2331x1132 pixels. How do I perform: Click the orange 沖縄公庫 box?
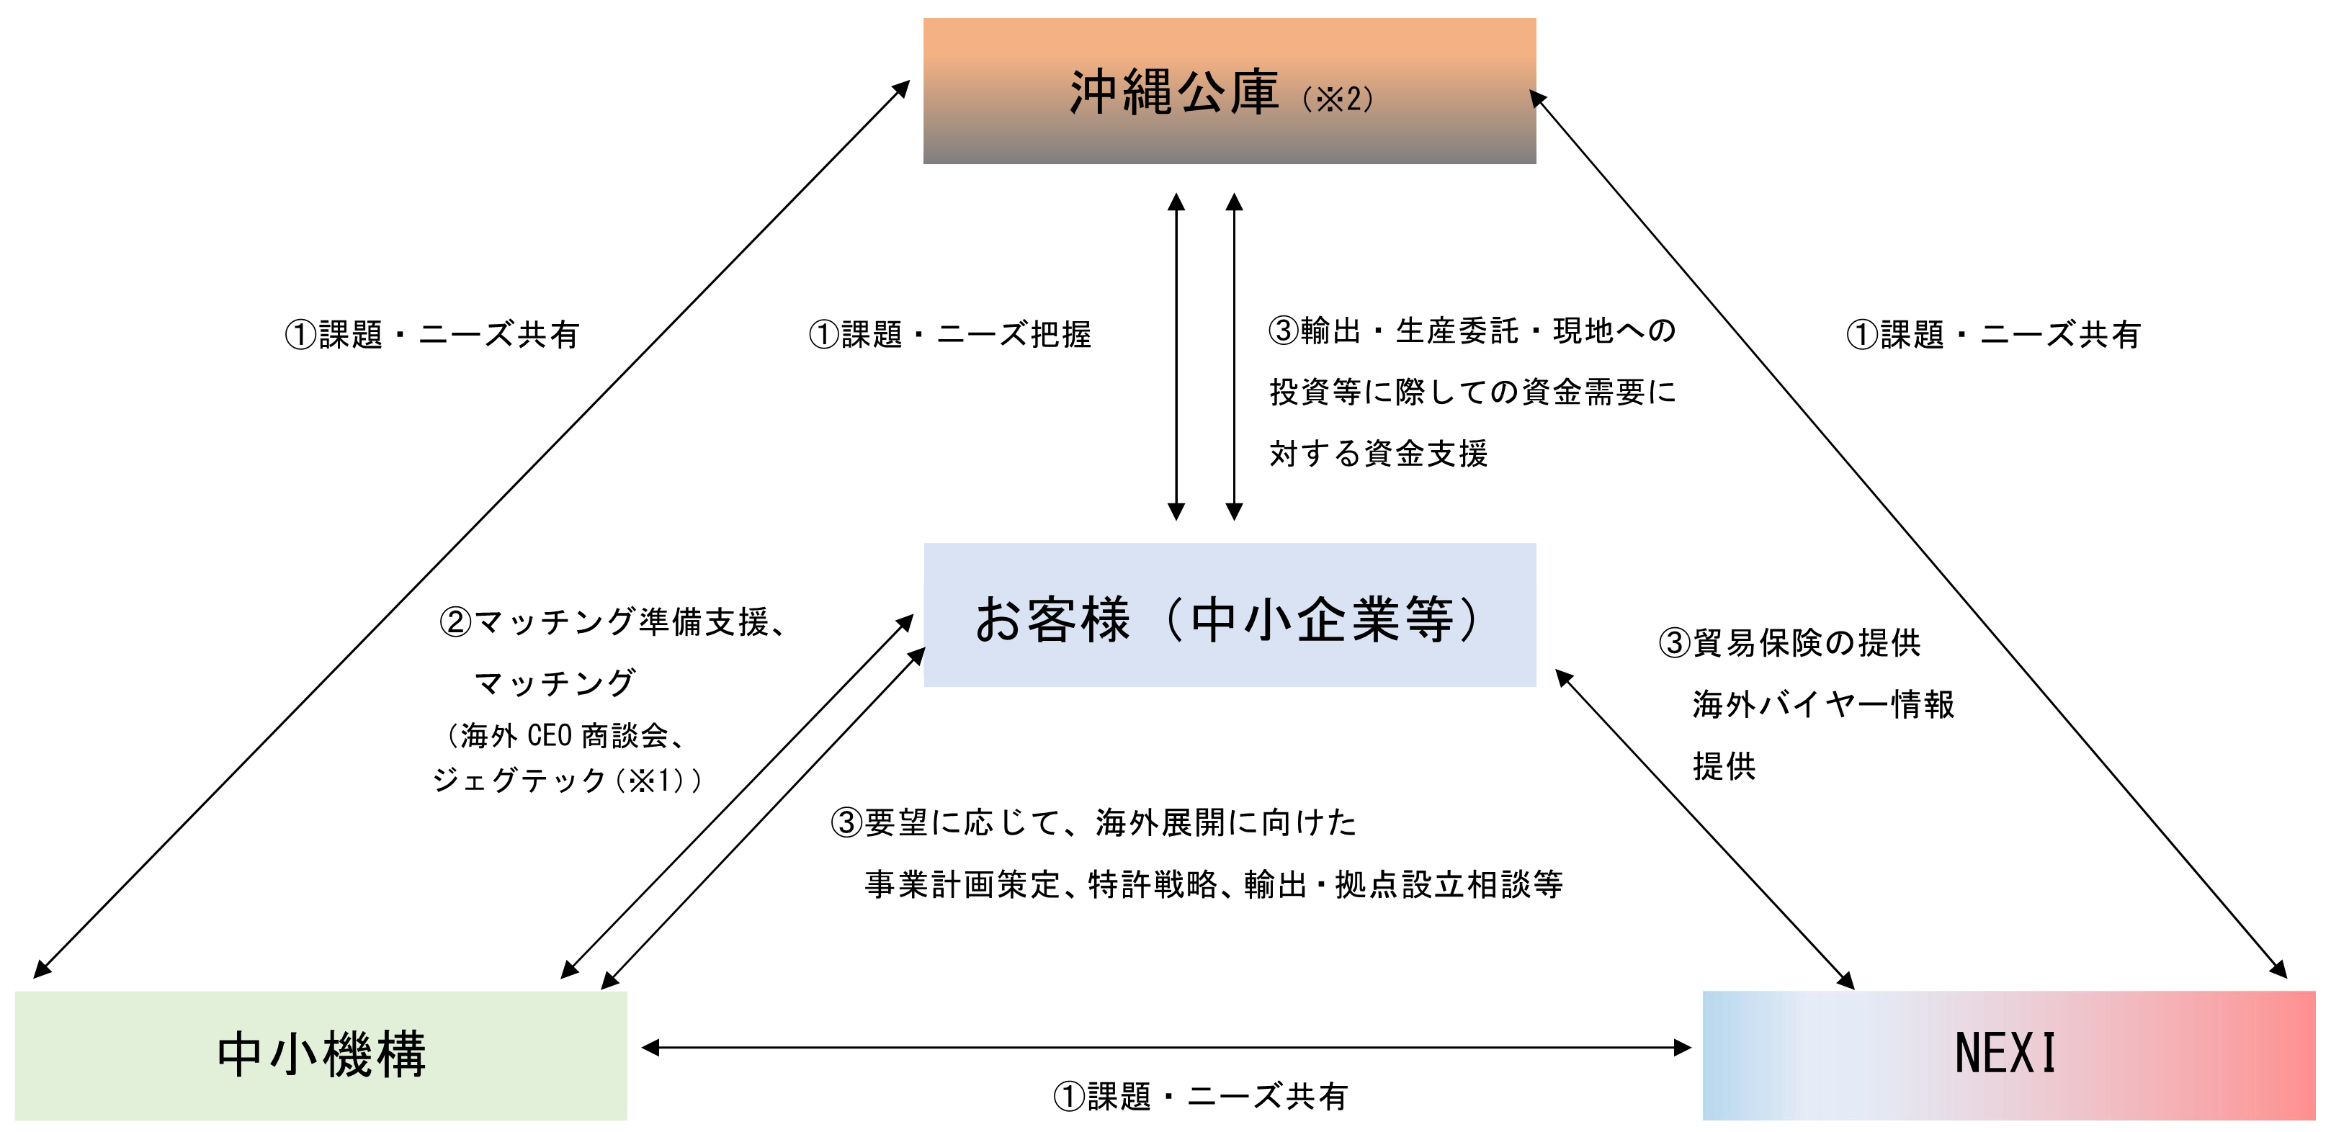[1229, 91]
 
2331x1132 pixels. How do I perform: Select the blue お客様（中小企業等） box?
[1229, 615]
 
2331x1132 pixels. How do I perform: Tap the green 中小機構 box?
[321, 1055]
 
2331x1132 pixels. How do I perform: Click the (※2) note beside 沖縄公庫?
[1338, 99]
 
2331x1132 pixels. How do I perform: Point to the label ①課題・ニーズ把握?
[949, 335]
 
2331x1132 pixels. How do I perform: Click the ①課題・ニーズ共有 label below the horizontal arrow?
[1200, 1097]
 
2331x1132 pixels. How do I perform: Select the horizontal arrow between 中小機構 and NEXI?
[1165, 1048]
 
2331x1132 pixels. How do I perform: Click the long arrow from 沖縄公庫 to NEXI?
[1910, 534]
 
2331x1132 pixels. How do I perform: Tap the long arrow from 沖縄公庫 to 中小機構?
[470, 529]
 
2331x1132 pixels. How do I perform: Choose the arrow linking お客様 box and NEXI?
[1705, 829]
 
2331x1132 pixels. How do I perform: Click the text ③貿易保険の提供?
[1789, 642]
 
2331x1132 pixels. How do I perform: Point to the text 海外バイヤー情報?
[1823, 704]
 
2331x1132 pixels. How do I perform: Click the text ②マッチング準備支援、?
[612, 621]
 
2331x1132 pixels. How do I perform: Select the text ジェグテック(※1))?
[566, 780]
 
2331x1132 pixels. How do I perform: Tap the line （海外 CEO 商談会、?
[566, 736]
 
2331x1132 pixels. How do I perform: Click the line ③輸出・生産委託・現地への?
[1472, 331]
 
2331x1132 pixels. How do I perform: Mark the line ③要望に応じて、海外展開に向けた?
[1094, 822]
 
